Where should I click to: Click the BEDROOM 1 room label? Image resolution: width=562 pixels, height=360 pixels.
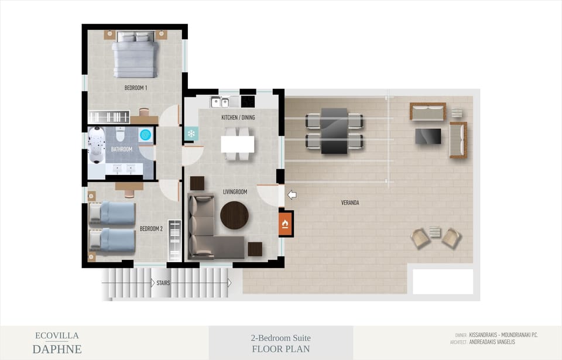[x=135, y=88]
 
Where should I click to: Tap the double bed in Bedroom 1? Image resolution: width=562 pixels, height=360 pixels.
[x=135, y=57]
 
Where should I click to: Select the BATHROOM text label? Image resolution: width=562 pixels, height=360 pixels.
[x=122, y=149]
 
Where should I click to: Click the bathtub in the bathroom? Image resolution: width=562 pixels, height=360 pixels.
[x=96, y=145]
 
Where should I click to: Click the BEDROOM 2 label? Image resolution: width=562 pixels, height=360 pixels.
[x=151, y=229]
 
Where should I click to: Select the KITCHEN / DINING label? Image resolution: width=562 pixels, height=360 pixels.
[x=238, y=118]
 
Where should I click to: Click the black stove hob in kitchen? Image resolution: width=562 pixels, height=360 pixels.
[x=248, y=101]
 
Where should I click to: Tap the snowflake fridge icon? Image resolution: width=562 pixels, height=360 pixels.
[x=191, y=134]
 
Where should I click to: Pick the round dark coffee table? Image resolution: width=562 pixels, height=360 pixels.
[x=234, y=215]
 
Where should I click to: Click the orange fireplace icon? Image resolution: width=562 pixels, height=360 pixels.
[x=285, y=223]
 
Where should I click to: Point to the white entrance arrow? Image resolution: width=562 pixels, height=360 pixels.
[x=292, y=195]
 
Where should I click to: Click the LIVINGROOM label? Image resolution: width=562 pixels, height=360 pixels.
[x=235, y=191]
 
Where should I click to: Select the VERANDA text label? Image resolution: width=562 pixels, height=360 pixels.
[x=349, y=203]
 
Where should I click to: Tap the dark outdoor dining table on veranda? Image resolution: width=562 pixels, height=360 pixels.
[x=334, y=131]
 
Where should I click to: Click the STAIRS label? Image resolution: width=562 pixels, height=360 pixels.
[x=163, y=283]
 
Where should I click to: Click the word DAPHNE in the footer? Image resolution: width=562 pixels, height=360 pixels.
[x=57, y=349]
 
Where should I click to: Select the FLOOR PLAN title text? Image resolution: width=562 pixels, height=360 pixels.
[x=280, y=349]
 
